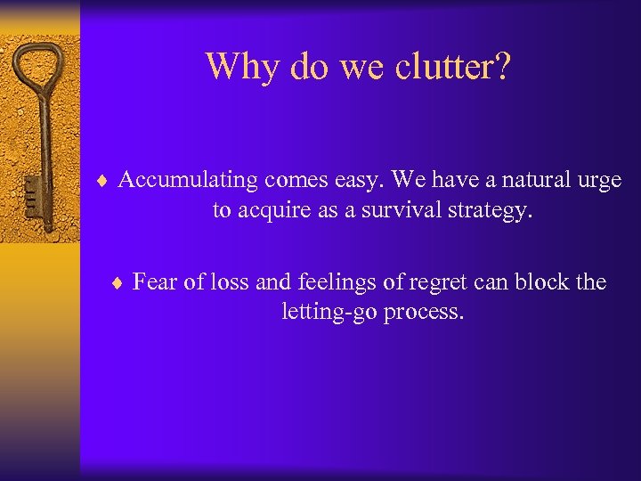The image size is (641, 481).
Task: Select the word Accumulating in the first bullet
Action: point(189,181)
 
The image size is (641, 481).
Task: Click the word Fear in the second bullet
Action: point(154,282)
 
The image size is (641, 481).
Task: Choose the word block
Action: point(549,282)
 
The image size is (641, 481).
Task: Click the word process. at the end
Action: point(424,314)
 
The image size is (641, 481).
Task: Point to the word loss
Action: point(231,282)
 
